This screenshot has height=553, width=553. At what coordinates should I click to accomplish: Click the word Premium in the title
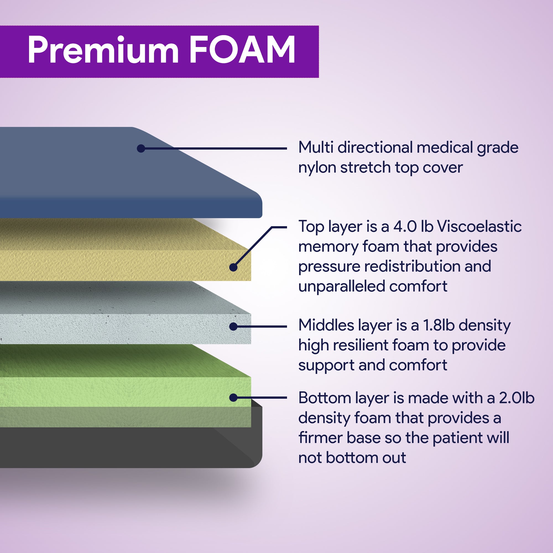103,50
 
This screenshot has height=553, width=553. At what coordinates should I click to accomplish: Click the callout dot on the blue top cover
141,148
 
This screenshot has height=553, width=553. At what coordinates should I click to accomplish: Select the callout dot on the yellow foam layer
234,267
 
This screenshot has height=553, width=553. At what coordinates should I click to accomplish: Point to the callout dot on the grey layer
234,326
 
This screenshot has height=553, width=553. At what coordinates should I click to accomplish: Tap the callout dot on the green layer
234,398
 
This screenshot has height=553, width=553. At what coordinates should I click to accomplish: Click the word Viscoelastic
479,227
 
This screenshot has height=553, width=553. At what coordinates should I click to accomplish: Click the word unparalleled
341,286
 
